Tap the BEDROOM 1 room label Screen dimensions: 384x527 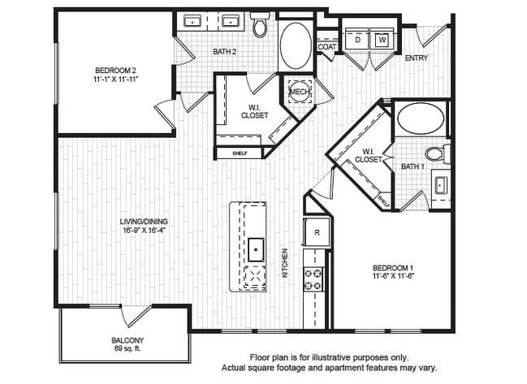click(x=394, y=268)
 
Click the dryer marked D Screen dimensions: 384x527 click(x=356, y=39)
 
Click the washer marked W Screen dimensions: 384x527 click(x=382, y=39)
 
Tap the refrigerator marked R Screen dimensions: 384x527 click(x=316, y=231)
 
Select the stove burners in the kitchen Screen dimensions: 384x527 click(x=313, y=279)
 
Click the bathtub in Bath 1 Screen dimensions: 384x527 click(x=420, y=119)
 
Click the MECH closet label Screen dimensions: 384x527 click(x=298, y=92)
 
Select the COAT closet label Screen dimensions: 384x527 click(x=326, y=47)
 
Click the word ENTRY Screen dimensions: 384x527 click(x=416, y=58)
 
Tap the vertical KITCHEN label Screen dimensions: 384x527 click(x=285, y=263)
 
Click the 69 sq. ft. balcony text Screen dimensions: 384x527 click(x=128, y=348)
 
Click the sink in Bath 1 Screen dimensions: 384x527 click(x=441, y=184)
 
